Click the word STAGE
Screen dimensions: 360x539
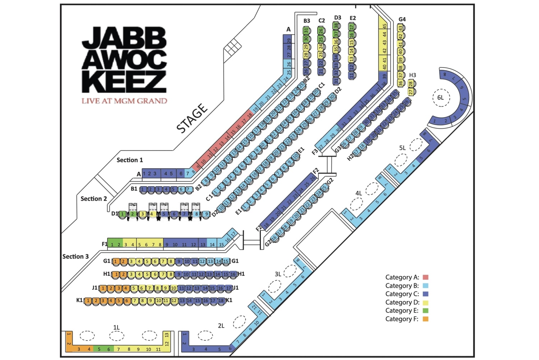point(192,118)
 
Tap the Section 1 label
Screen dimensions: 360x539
point(129,160)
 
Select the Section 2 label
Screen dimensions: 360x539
point(93,199)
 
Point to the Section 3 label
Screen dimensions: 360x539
point(75,256)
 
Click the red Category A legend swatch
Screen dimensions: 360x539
point(425,277)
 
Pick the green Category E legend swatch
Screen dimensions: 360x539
point(425,310)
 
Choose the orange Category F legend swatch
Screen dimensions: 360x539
point(425,319)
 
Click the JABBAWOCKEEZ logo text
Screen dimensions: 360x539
point(124,59)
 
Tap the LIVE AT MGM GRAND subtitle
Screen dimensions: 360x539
point(124,101)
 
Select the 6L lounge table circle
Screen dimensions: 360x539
point(440,97)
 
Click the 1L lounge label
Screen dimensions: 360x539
point(116,328)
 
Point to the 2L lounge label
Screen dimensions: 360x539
point(221,326)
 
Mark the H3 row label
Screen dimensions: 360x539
point(413,75)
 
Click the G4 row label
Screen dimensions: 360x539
point(402,19)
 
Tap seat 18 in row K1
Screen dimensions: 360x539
point(221,301)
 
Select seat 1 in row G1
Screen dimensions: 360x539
point(116,261)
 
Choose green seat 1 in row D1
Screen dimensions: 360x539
point(122,214)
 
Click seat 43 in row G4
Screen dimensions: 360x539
point(400,28)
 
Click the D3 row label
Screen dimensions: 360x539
point(337,18)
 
